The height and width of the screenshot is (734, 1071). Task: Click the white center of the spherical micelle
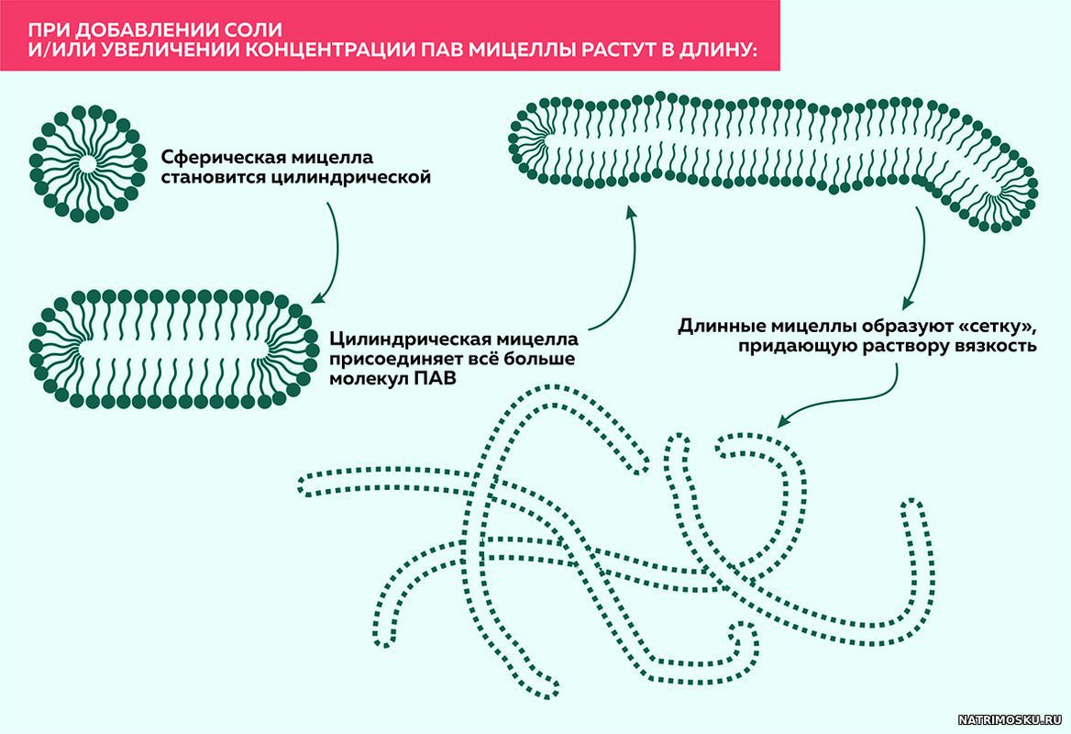tap(85, 163)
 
